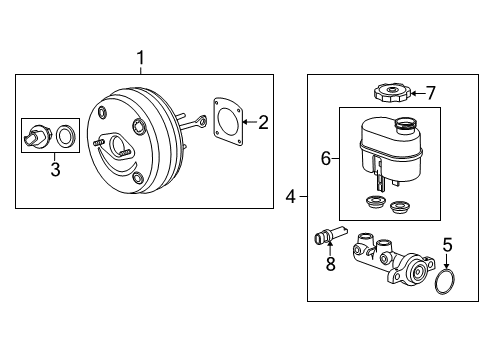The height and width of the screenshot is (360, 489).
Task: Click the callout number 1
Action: (x=141, y=57)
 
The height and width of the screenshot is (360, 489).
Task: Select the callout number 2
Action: (x=262, y=123)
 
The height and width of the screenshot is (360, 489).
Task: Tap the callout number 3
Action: (x=55, y=170)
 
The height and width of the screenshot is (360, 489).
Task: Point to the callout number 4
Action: (x=291, y=197)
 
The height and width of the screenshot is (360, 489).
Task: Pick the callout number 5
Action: (x=448, y=242)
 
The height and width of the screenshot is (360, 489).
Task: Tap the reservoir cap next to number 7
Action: (x=388, y=93)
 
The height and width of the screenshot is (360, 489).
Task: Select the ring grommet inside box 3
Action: (x=67, y=135)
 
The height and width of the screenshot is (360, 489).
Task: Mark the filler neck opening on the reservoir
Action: (x=407, y=123)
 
